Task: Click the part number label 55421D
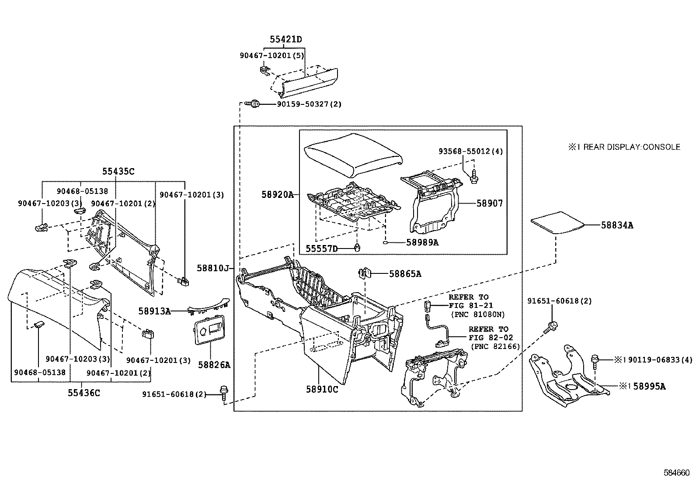[x=285, y=39]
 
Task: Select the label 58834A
[x=617, y=225]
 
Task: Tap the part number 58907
[x=490, y=204]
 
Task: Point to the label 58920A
[x=278, y=195]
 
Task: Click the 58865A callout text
[x=405, y=274]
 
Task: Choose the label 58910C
[x=322, y=389]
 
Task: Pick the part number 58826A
[x=214, y=365]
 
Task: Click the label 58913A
[x=154, y=311]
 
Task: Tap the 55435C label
[x=118, y=171]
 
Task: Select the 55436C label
[x=84, y=393]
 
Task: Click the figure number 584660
[x=677, y=473]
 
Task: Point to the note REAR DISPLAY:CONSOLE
[x=632, y=147]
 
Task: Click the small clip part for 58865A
[x=365, y=273]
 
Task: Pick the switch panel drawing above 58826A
[x=210, y=330]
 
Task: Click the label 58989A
[x=423, y=242]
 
